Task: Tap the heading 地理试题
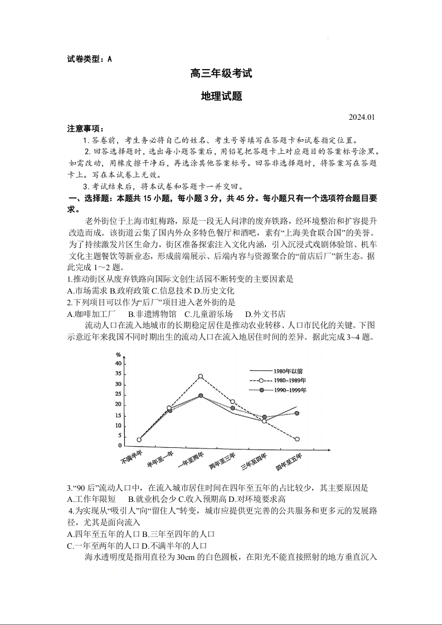pyautogui.click(x=221, y=96)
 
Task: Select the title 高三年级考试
pyautogui.click(x=221, y=73)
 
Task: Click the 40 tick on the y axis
pyautogui.click(x=118, y=363)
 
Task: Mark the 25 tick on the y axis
pyautogui.click(x=118, y=394)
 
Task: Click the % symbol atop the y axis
pyautogui.click(x=118, y=355)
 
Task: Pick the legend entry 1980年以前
pyautogui.click(x=288, y=370)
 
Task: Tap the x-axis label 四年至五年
pyautogui.click(x=289, y=462)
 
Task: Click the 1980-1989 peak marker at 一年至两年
pyautogui.click(x=201, y=376)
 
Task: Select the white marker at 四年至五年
pyautogui.click(x=297, y=439)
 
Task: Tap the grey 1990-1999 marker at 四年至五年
pyautogui.click(x=297, y=413)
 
